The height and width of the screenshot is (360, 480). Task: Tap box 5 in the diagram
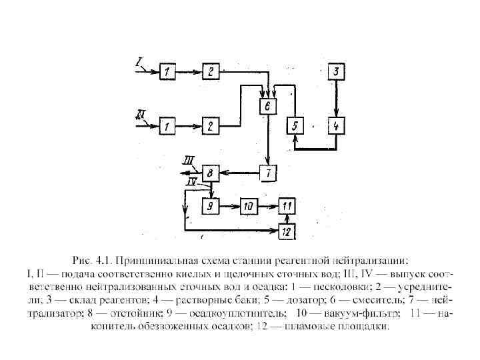294,125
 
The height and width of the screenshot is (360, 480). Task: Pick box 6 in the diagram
267,106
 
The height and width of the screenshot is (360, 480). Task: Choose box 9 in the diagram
211,206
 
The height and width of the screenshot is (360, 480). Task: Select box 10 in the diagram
249,206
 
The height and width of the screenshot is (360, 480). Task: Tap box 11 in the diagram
287,206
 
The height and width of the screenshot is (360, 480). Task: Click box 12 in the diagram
287,231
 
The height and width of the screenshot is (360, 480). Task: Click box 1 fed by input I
169,70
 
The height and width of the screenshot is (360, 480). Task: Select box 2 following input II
211,125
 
